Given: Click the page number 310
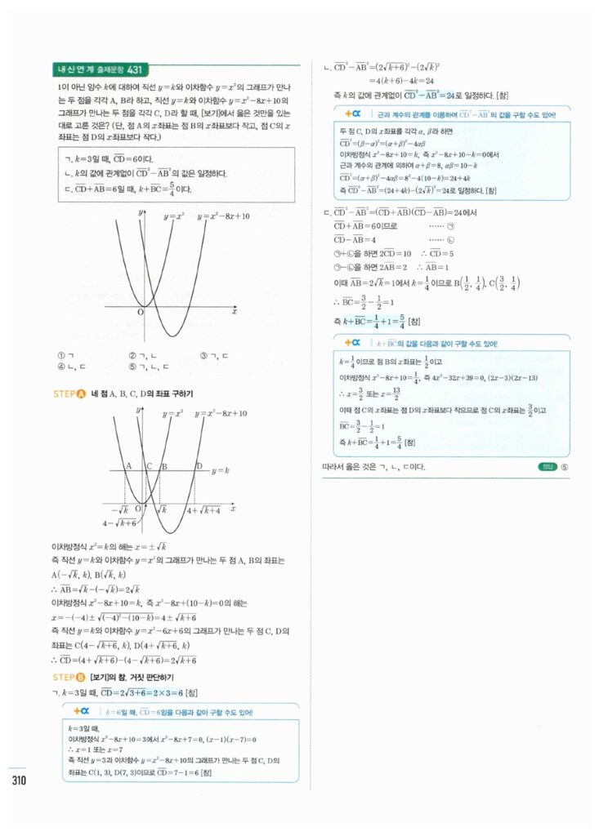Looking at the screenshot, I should [20, 779].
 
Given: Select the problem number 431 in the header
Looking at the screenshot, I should [136, 69].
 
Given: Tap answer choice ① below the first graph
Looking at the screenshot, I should [61, 356].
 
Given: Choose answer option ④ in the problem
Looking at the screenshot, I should [61, 367].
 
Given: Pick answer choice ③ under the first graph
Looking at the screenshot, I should [203, 356].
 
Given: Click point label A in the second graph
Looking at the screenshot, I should [128, 465].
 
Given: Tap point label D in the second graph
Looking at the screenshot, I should [198, 465].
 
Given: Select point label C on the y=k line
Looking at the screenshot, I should [150, 465].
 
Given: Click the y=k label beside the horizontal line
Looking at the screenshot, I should [220, 472].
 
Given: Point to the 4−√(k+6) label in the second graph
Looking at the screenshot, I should [119, 522].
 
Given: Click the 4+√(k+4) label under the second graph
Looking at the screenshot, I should [203, 509].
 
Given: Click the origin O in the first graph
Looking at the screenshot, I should [139, 311].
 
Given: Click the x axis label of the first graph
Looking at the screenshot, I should [235, 311].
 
